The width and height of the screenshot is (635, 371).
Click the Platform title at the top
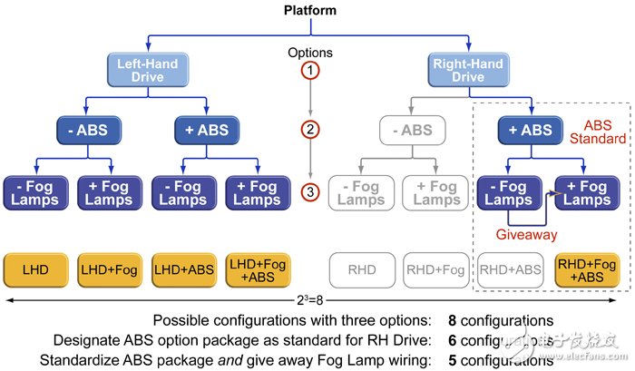(311, 11)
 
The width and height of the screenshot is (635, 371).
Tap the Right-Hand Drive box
(468, 69)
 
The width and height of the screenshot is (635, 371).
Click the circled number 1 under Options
(311, 70)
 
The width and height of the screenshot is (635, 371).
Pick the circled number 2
(311, 130)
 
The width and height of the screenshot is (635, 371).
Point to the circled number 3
(311, 192)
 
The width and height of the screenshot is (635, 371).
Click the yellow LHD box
(36, 268)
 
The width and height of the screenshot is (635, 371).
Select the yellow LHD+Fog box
(110, 268)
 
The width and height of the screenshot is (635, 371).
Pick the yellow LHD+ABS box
(183, 268)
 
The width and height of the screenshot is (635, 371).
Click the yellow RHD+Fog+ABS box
(587, 268)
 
